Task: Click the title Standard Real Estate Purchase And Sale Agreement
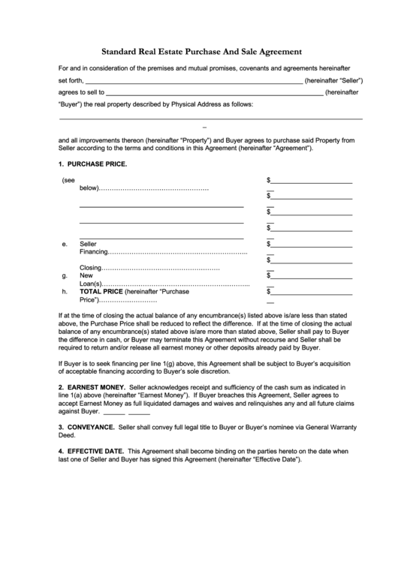[x=202, y=53]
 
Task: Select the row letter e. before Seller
[x=65, y=244]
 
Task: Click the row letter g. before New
[x=65, y=275]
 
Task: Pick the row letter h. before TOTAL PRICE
[x=65, y=291]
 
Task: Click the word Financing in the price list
[x=94, y=252]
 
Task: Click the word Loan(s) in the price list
[x=91, y=284]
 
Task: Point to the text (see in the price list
[x=69, y=181]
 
